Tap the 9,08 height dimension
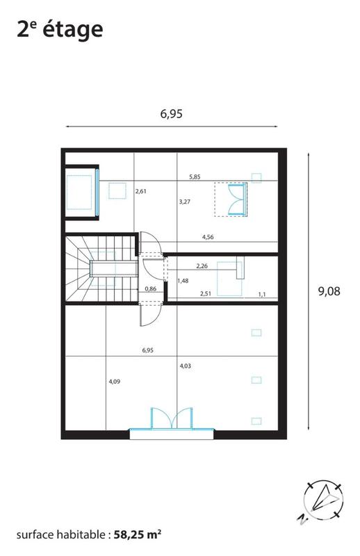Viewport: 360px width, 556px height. click(329, 292)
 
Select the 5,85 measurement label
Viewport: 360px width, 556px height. click(195, 177)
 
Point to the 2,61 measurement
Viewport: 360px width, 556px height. click(141, 191)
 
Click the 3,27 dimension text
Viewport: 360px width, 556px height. click(185, 202)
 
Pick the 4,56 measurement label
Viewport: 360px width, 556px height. click(208, 238)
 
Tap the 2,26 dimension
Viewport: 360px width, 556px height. click(202, 265)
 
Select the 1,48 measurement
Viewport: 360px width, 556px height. click(183, 281)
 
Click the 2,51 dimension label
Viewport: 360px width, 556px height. click(205, 294)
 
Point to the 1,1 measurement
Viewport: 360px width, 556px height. click(262, 295)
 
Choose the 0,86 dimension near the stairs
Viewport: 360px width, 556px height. click(150, 288)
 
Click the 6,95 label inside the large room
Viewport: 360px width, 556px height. click(147, 350)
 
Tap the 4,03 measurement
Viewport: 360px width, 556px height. click(186, 366)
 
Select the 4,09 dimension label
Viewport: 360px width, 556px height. click(115, 381)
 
